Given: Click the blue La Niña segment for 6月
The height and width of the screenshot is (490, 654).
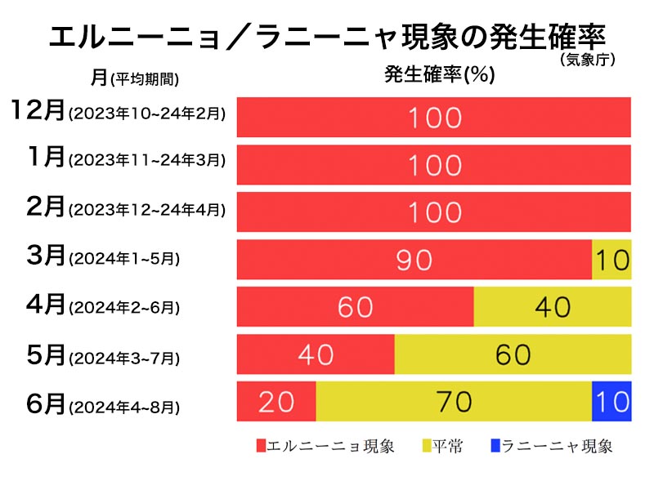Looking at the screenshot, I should point(611,401).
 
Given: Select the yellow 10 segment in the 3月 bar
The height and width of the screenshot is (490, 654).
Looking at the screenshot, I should point(611,260).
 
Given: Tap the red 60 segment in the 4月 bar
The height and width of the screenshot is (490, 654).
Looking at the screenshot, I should point(355,306).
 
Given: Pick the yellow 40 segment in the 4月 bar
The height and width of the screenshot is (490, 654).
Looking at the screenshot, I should point(552,306).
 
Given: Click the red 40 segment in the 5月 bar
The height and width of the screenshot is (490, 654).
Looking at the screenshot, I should point(316,354).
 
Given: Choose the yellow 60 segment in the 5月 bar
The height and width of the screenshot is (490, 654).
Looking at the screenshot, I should point(513,354).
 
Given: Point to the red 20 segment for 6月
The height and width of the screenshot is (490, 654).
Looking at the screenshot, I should point(276,401).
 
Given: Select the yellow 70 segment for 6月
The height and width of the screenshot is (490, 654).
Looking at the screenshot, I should point(454,401).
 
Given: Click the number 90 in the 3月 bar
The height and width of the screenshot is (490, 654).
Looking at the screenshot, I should point(414,260).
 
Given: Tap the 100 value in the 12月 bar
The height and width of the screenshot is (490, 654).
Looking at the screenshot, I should point(434,118).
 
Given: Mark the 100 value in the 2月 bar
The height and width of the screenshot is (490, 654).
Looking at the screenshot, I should point(434,212).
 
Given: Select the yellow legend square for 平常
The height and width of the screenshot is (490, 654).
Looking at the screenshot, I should point(426,446).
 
